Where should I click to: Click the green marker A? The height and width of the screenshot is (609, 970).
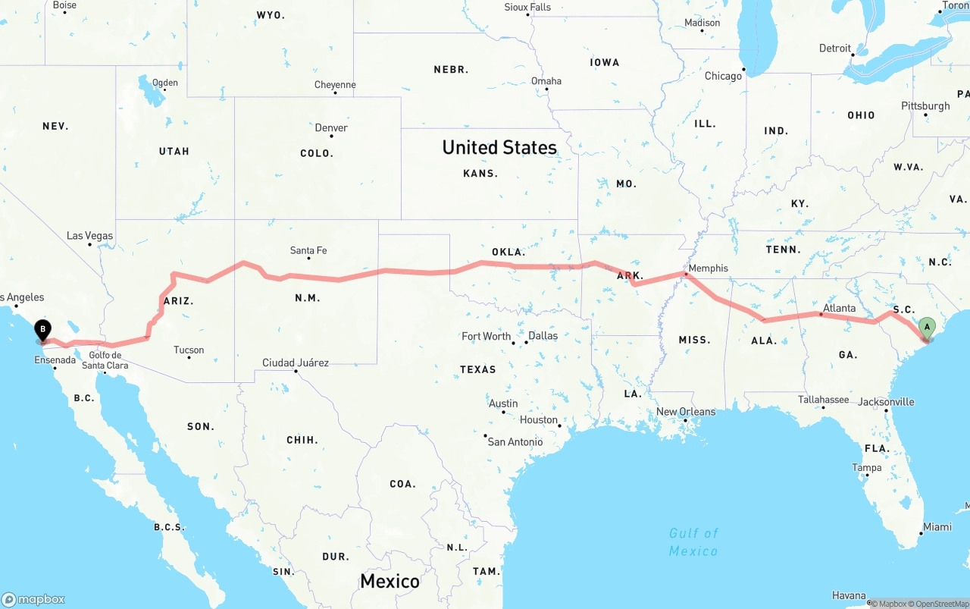[x=926, y=328]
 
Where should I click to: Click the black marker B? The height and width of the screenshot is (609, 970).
[x=43, y=330]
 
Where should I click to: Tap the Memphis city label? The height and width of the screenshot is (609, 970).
[x=709, y=268]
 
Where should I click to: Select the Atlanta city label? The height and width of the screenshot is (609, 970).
[x=839, y=308]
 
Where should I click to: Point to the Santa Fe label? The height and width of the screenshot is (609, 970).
[x=308, y=250]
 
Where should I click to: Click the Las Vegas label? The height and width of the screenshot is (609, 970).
[x=89, y=236]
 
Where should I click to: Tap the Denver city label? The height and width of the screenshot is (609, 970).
[x=331, y=127]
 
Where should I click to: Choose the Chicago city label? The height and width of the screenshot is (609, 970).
[x=723, y=76]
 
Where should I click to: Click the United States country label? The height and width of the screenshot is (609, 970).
[x=499, y=147]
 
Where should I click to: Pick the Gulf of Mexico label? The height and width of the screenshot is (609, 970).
[x=693, y=542]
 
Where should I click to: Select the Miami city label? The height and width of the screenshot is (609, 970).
[x=937, y=526]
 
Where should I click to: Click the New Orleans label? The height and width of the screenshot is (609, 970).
[x=685, y=412]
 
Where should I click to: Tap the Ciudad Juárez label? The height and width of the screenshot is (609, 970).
[x=296, y=363]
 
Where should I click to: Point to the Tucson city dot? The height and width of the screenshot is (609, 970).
[x=189, y=357]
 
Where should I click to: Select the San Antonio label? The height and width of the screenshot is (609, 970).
[x=515, y=441]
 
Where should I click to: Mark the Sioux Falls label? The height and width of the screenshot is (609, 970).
[x=527, y=7]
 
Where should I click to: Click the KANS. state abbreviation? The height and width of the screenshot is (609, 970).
[x=480, y=173]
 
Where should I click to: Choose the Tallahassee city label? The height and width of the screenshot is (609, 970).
[x=823, y=399]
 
